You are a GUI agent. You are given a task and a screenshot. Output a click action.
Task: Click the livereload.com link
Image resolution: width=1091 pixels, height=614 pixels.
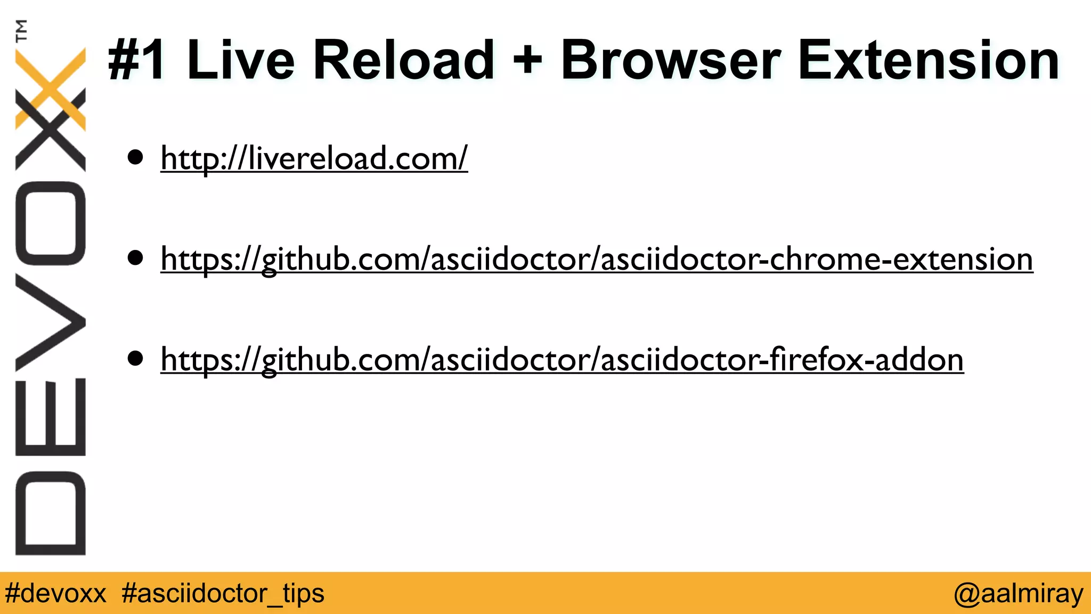pos(314,158)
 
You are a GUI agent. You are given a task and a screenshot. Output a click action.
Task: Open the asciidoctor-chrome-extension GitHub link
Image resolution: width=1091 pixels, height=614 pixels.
pos(597,260)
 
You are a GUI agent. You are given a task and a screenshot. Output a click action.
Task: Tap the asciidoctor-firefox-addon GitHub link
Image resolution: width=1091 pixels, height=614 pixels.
pos(562,360)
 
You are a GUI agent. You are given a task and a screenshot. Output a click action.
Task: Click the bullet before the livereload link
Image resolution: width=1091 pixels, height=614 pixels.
pos(136,158)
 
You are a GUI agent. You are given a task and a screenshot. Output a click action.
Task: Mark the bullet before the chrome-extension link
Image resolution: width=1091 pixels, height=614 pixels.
pos(136,258)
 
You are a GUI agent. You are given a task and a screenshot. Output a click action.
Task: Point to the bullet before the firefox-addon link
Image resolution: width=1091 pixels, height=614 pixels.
pos(136,359)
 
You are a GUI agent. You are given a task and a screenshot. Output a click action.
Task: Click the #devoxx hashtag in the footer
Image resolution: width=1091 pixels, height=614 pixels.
pos(55,593)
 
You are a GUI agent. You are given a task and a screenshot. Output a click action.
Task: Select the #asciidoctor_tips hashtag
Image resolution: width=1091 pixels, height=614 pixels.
pos(223,593)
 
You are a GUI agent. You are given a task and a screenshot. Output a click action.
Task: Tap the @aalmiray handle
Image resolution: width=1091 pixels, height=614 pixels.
pos(1018,593)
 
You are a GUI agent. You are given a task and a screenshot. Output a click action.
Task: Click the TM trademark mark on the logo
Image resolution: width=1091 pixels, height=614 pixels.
pos(21,30)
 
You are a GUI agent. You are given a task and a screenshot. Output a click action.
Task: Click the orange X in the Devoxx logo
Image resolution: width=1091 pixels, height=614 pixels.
pos(51,88)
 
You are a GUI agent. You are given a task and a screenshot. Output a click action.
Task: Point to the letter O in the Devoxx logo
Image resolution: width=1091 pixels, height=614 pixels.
pos(51,223)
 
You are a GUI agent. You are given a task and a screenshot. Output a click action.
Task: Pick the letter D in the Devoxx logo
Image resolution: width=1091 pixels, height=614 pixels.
pos(51,513)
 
